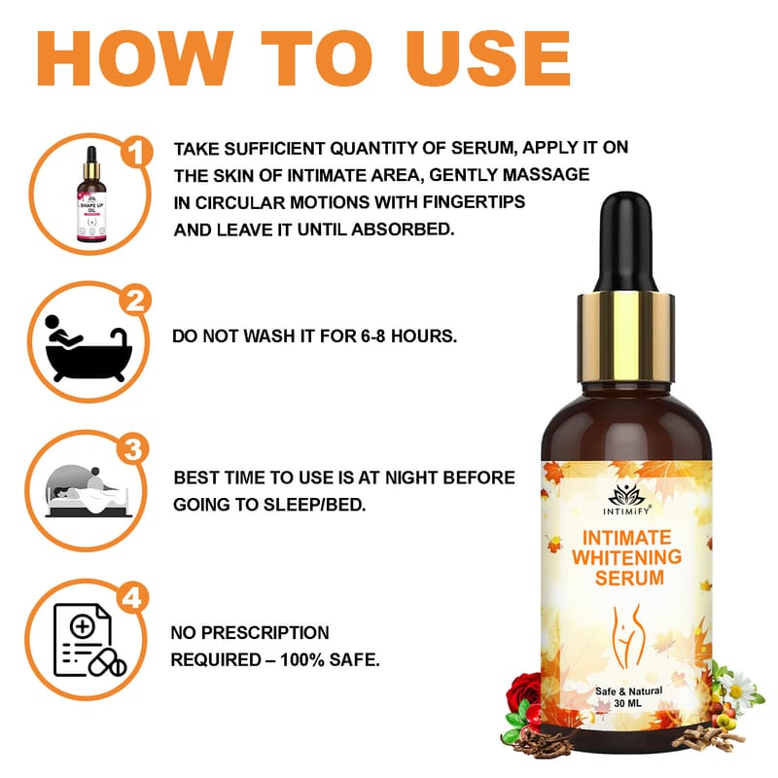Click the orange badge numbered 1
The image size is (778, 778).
coord(136,152)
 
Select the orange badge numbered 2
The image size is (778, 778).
coord(135,301)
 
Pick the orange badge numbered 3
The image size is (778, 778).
coord(133,450)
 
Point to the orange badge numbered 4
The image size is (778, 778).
coord(132,598)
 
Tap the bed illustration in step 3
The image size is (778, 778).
coord(88,491)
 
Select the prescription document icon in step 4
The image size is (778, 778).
coord(89,640)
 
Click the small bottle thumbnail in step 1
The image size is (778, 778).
coord(91,194)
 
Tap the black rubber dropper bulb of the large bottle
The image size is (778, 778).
coord(625,242)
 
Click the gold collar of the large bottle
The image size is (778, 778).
coord(625,337)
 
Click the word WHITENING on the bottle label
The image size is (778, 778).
coord(626,557)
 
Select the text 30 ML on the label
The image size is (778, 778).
coord(627,703)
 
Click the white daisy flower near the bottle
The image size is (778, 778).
coord(739,687)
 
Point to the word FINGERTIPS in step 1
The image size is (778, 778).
coord(474,202)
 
